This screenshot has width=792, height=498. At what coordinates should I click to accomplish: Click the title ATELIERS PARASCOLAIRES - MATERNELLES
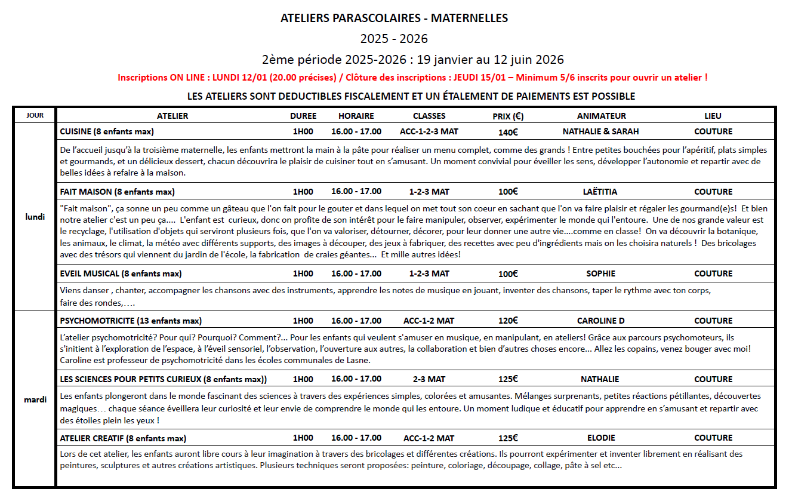click(394, 19)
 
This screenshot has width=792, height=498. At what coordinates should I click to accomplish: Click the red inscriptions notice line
click(412, 78)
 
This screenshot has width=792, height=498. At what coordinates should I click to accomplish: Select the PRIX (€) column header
click(508, 116)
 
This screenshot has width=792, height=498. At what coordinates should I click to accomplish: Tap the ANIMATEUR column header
click(601, 116)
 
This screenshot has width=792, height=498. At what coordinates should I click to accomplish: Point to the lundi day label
click(35, 217)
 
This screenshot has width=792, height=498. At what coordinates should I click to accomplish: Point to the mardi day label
click(35, 399)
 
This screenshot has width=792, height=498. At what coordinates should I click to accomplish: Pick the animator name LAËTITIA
click(600, 192)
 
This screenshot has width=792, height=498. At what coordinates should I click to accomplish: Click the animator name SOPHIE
click(600, 273)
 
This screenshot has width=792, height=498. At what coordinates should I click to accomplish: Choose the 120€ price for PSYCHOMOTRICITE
click(508, 321)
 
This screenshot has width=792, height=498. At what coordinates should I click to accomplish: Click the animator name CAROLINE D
click(600, 321)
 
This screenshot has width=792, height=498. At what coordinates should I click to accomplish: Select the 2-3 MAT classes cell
click(429, 379)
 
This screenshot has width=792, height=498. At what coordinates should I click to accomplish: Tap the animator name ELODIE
click(600, 438)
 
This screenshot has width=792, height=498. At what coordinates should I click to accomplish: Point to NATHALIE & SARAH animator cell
click(600, 131)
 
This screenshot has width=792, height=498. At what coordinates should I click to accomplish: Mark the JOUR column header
click(35, 116)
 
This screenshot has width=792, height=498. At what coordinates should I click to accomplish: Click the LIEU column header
click(713, 116)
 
